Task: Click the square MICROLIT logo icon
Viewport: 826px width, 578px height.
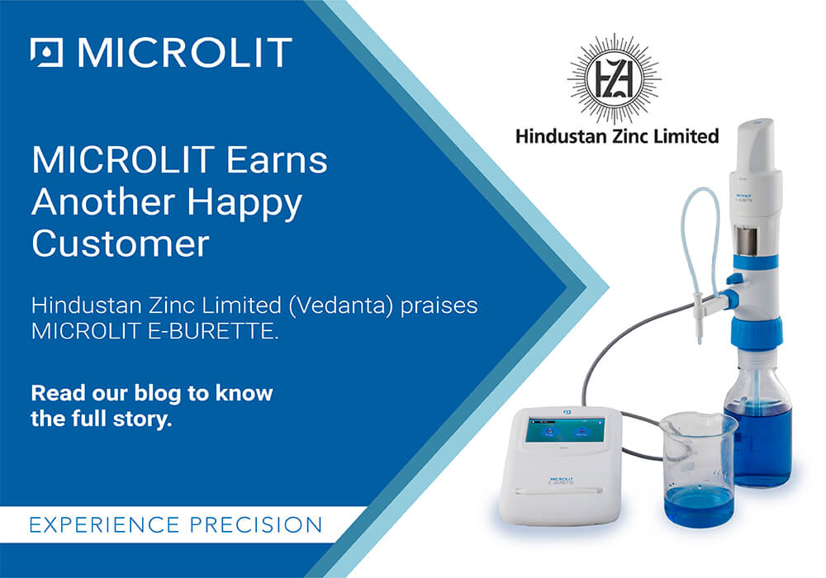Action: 46,52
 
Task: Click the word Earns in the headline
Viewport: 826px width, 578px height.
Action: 274,160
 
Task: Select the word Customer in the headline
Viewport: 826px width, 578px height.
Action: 120,245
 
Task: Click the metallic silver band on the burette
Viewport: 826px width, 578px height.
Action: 751,243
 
